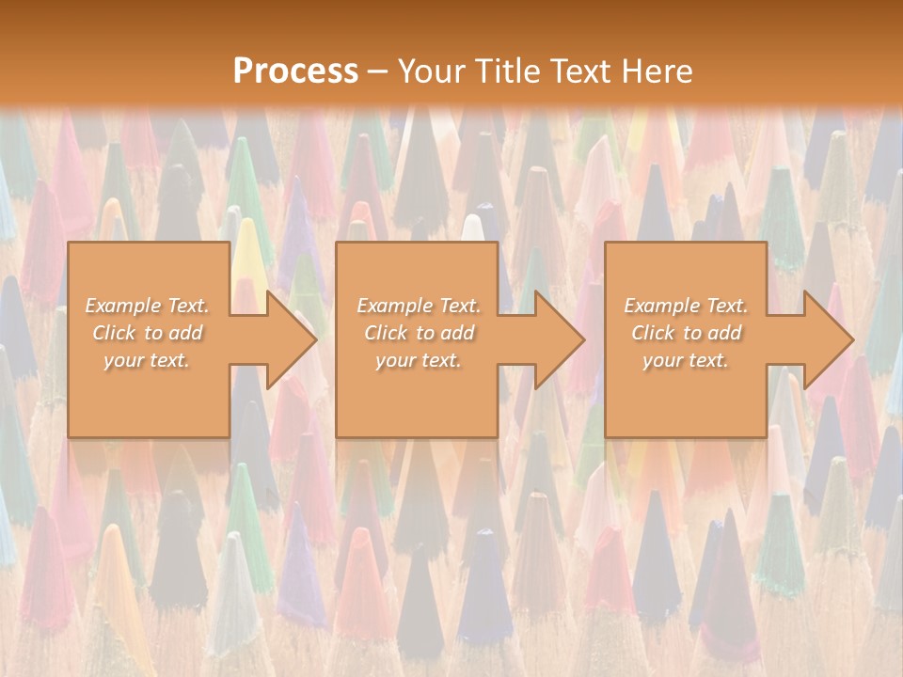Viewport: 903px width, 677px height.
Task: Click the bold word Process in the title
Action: point(295,71)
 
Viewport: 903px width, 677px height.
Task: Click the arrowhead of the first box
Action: point(292,339)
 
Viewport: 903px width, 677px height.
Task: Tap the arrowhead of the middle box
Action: point(560,339)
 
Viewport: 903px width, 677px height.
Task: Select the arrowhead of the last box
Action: point(829,339)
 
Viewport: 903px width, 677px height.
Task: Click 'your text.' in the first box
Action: point(146,360)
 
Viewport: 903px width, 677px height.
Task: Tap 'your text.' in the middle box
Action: point(418,360)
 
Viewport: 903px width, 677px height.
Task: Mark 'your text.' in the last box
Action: point(685,360)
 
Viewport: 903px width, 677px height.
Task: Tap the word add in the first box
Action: point(185,333)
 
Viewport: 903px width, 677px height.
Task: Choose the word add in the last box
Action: point(725,333)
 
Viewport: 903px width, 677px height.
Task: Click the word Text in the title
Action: point(578,71)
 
